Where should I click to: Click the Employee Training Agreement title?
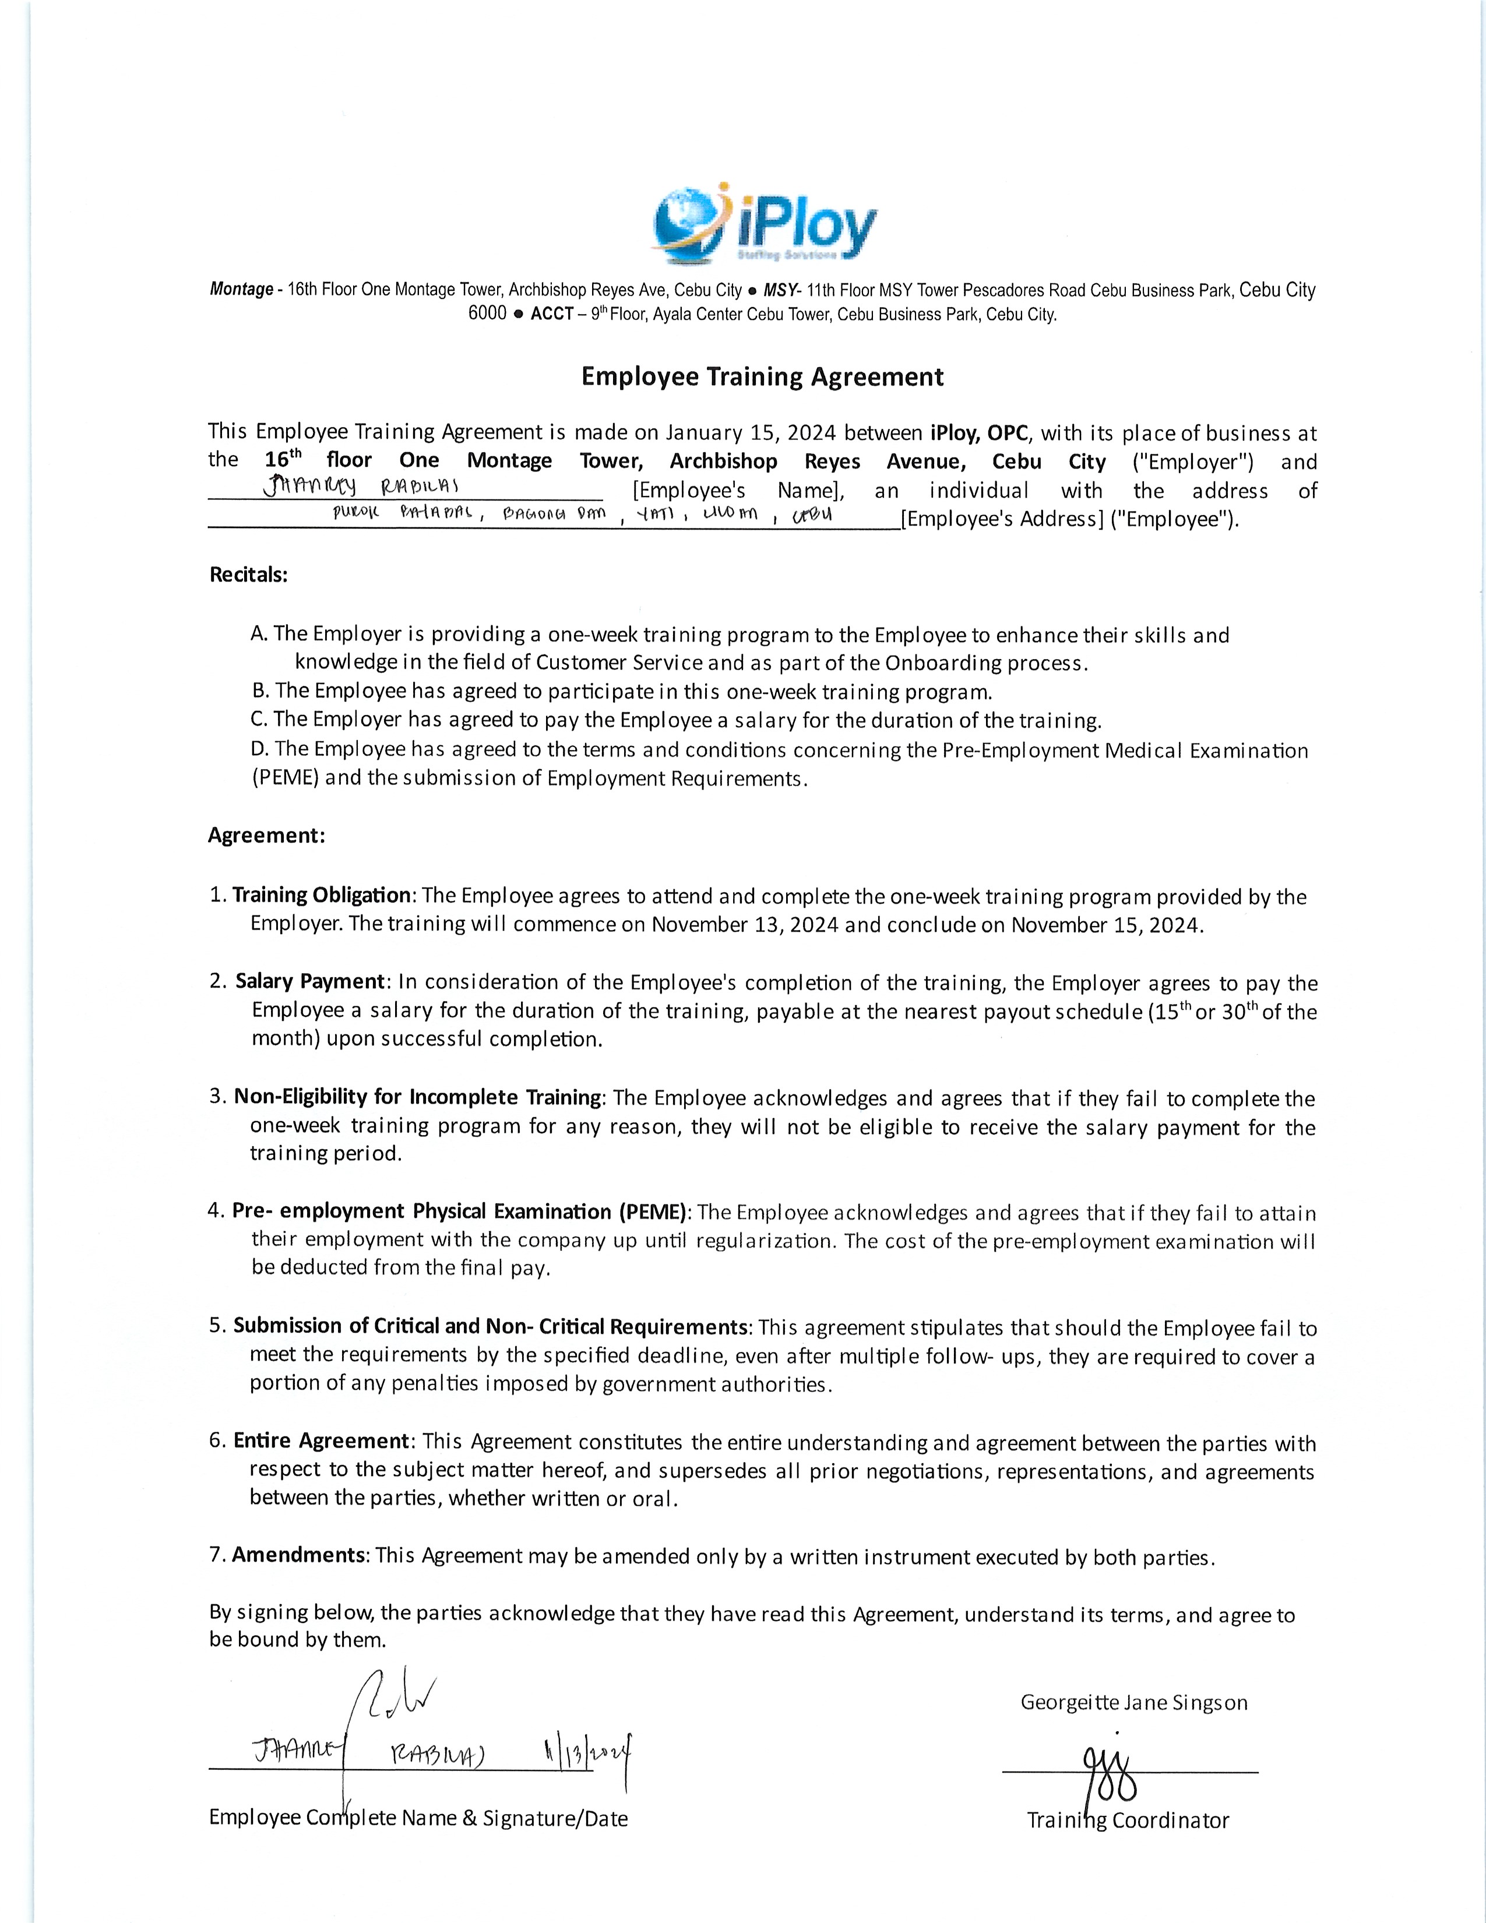coord(762,377)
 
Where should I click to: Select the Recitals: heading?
coord(248,575)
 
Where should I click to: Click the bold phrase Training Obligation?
coord(321,896)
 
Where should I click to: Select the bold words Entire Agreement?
coord(321,1441)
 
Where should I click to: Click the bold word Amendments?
coord(298,1554)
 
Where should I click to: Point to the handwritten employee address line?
coord(581,513)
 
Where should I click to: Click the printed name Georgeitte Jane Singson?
coord(1134,1702)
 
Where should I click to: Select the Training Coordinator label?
coord(1128,1820)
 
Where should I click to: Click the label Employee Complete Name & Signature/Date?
coord(418,1818)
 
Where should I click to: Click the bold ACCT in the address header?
coord(552,314)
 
